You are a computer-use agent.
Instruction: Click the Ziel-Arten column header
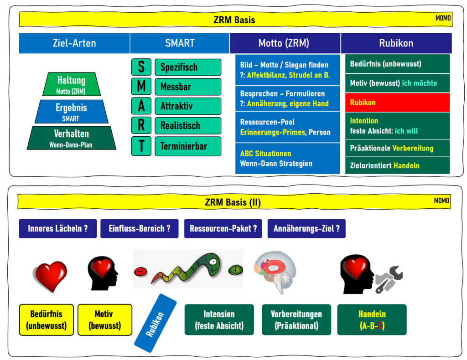click(74, 43)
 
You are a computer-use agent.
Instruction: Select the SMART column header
click(180, 43)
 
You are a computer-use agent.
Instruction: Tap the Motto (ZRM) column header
click(285, 43)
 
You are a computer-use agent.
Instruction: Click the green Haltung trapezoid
click(71, 84)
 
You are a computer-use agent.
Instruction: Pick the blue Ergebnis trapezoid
click(71, 112)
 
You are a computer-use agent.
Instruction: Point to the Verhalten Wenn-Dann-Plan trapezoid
click(72, 138)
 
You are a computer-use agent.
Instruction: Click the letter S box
click(141, 67)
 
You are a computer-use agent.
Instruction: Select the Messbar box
click(187, 87)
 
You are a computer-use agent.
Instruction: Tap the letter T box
click(141, 146)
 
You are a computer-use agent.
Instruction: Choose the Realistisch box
click(187, 126)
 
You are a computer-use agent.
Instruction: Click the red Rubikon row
click(397, 103)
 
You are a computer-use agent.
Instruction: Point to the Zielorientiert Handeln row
click(397, 165)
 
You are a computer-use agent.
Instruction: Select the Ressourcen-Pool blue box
click(287, 127)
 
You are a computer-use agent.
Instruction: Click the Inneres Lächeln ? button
click(57, 229)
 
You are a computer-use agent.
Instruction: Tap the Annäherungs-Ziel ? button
click(306, 229)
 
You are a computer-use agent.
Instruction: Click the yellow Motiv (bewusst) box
click(104, 320)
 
